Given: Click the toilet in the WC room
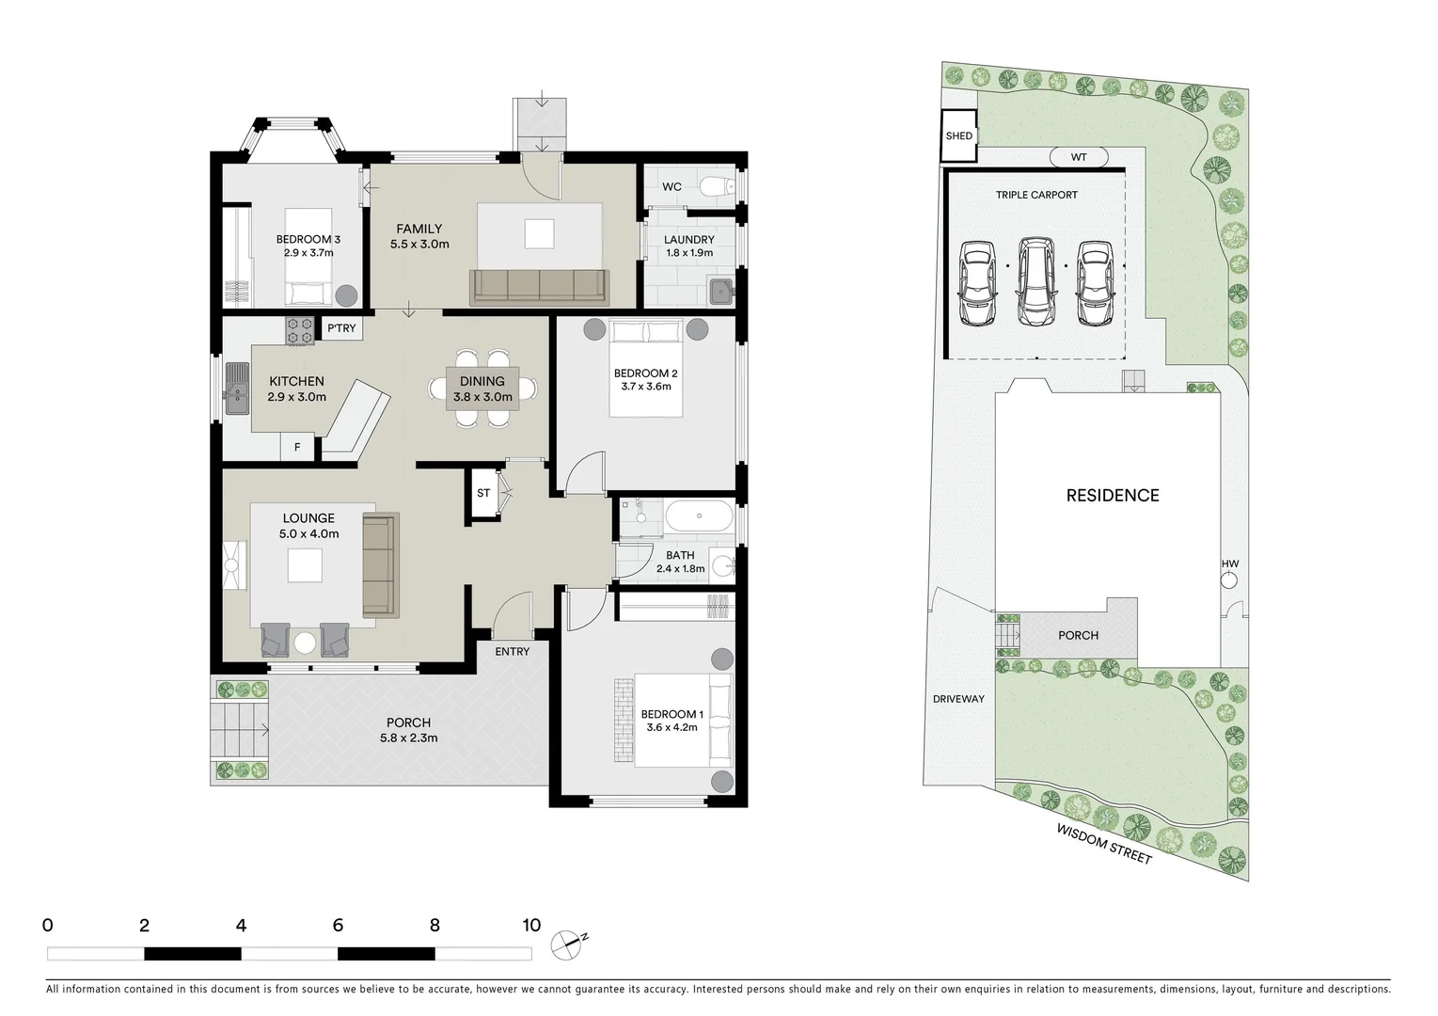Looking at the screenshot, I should [719, 186].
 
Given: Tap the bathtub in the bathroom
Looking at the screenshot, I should [698, 516].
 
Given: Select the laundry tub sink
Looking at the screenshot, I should [721, 291].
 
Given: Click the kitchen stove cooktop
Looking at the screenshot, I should [300, 330].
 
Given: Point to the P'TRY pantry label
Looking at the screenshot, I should [341, 328].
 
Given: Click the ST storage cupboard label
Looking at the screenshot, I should [483, 493].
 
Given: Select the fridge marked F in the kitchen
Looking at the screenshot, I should [297, 447].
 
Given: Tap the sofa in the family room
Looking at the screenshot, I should [540, 286].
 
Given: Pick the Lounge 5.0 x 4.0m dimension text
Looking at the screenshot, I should [308, 533].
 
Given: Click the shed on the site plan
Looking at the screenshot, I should [959, 136].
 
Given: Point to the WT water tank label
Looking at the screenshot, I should [1079, 157].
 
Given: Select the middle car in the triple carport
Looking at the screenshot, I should [1035, 279].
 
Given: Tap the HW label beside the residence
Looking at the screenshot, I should [1230, 564].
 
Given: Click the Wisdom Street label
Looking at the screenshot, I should [1103, 844].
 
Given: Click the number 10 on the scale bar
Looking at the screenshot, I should [531, 925].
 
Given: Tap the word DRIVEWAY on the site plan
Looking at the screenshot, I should [958, 699].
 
